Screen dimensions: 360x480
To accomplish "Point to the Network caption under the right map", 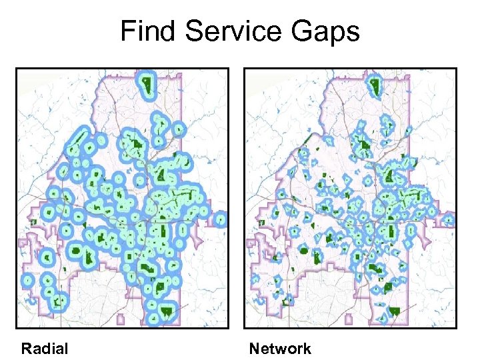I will (x=280, y=348).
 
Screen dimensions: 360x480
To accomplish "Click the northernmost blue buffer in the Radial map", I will (x=145, y=84).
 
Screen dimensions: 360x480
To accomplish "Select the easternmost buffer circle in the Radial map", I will (x=221, y=219).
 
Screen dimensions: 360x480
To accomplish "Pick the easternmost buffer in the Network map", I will (x=450, y=219).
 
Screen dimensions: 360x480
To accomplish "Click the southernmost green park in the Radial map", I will (x=165, y=311).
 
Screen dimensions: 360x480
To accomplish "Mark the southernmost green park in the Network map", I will (x=395, y=311).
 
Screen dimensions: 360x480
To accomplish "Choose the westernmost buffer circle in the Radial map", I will (x=27, y=281).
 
